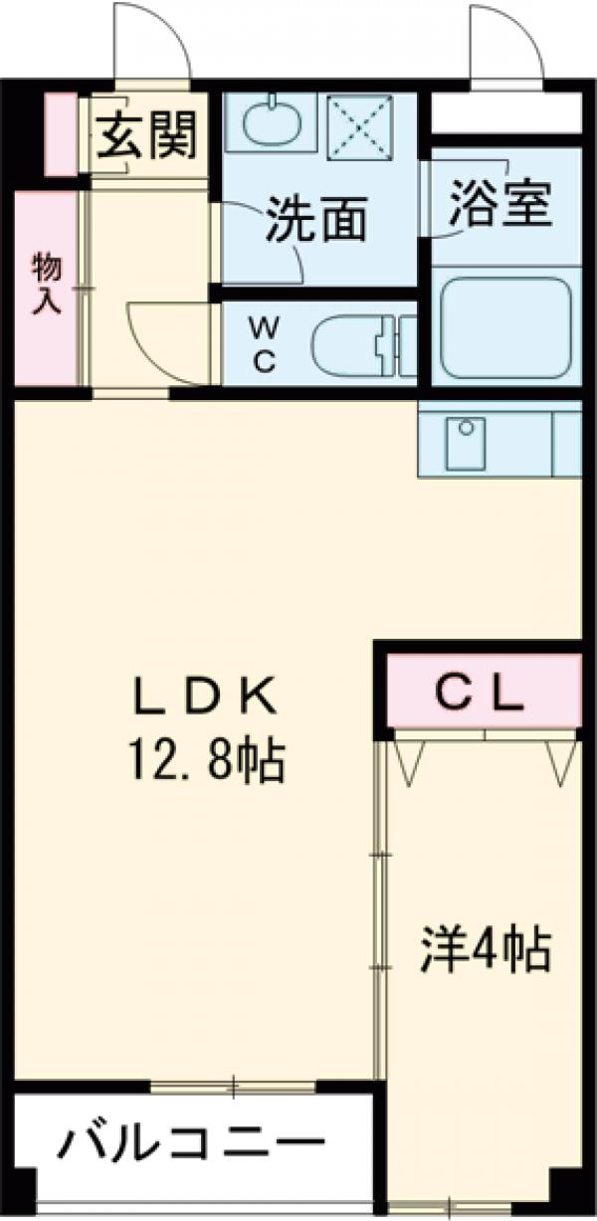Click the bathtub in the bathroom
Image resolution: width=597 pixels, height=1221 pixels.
[x=505, y=328]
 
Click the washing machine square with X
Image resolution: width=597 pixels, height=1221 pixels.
[x=362, y=125]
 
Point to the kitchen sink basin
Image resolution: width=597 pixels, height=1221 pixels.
[x=464, y=444]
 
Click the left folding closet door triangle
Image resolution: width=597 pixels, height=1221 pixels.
[x=407, y=760]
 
